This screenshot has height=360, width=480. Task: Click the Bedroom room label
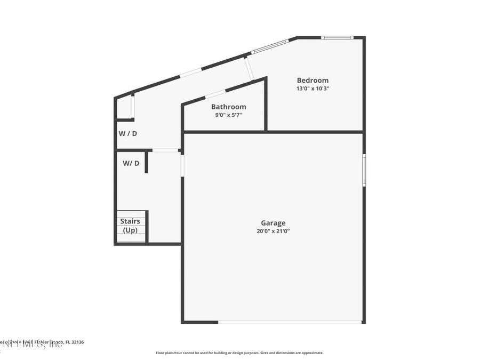coord(313,81)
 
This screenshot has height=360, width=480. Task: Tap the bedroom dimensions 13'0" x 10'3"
coord(313,89)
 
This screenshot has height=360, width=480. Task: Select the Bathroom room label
coord(228,107)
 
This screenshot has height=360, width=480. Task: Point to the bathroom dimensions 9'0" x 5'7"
coord(228,115)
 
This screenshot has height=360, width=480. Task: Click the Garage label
coord(273,223)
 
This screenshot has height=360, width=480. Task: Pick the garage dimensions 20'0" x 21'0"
coord(273,231)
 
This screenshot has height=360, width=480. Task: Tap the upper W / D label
coord(127,133)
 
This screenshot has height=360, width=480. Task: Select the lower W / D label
coord(131,163)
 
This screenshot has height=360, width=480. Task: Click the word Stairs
coord(130,221)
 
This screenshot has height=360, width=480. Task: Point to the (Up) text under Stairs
coord(130,230)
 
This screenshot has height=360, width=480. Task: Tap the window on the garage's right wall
coord(364,170)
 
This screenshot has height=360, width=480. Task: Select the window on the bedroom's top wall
coord(337,37)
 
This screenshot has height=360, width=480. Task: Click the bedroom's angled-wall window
coord(270,46)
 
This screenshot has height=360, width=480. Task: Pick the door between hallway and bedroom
coord(248,68)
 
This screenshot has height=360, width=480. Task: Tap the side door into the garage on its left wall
coord(182,165)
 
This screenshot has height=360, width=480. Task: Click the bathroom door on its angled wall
coord(215,94)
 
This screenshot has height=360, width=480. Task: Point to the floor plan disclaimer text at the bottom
coord(239,353)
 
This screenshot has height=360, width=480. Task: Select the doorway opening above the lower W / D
coord(165,150)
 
